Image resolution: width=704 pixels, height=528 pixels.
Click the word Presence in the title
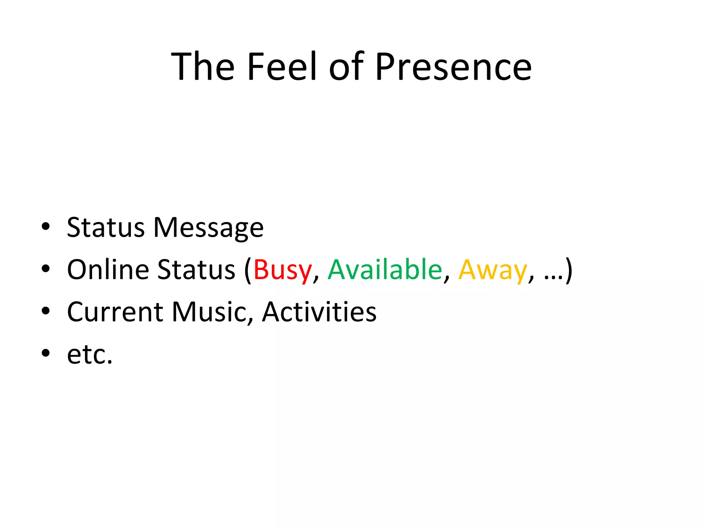click(453, 67)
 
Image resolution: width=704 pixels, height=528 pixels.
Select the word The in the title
click(203, 67)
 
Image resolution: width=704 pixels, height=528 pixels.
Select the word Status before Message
click(106, 228)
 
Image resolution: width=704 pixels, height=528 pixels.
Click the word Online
click(108, 270)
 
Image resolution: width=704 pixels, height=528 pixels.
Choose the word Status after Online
click(196, 270)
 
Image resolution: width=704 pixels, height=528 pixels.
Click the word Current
click(115, 312)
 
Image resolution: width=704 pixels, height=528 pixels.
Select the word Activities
click(319, 312)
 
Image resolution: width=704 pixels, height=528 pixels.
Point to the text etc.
click(90, 355)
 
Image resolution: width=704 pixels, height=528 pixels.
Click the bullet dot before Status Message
click(45, 227)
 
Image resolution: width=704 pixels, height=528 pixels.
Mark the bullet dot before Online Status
click(45, 269)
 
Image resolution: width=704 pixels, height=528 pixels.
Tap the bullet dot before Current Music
click(45, 311)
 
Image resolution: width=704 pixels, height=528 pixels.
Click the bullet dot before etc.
click(45, 353)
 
